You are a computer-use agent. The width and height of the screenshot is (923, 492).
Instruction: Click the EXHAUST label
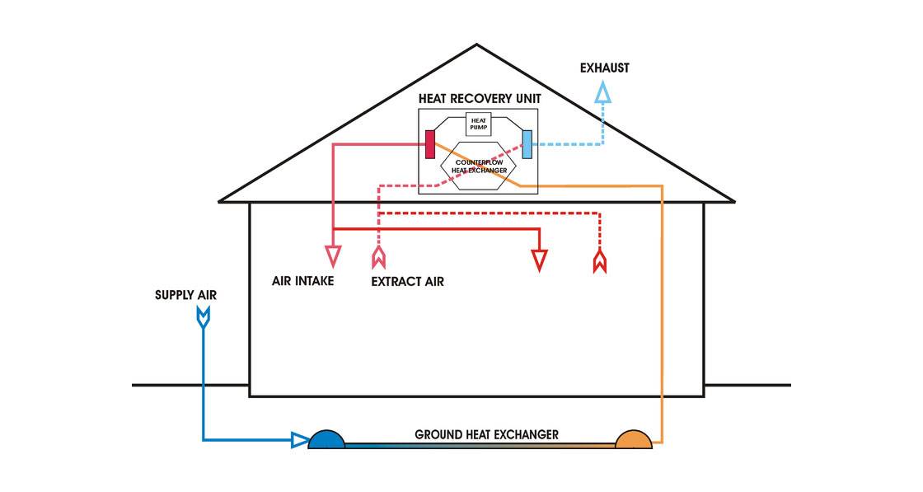[x=604, y=68]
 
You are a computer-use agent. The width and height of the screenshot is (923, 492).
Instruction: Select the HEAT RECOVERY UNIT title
[x=480, y=98]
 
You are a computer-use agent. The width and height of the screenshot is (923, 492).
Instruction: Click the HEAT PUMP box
[x=480, y=124]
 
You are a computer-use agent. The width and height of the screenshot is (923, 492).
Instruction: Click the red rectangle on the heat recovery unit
[x=429, y=143]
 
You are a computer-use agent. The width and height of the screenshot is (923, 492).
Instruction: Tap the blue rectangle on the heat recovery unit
[x=527, y=143]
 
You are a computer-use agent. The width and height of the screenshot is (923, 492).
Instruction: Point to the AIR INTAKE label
[x=302, y=281]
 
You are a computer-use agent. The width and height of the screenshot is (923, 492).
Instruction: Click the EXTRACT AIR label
[x=407, y=282]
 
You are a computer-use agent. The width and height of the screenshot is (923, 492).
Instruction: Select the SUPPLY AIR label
[x=186, y=295]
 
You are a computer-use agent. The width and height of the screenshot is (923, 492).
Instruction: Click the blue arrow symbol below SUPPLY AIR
[x=203, y=316]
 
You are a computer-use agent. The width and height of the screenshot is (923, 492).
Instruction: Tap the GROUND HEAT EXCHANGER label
[x=486, y=434]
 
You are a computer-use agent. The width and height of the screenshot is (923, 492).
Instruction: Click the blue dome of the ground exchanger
[x=327, y=439]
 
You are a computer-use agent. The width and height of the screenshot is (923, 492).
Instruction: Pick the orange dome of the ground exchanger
[x=634, y=439]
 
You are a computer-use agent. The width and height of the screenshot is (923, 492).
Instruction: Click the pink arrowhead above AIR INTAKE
[x=333, y=256]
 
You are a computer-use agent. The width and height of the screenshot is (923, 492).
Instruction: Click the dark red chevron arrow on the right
[x=601, y=262]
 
